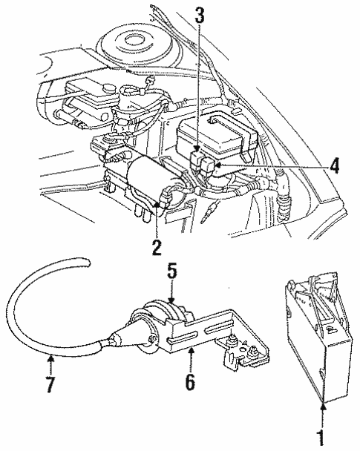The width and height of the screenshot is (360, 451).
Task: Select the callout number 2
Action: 157,247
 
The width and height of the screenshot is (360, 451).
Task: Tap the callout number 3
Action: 200,15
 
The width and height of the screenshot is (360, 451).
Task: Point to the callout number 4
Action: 334,165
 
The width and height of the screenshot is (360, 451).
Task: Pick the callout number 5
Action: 172,272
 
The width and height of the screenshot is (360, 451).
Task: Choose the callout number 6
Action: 190,382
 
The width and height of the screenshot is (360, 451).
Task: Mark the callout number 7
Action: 50,384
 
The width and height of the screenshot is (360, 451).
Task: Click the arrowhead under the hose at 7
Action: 50,358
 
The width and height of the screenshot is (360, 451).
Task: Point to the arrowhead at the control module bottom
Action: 323,406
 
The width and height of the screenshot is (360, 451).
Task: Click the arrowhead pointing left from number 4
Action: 217,165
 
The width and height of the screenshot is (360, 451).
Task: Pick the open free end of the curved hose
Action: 87,263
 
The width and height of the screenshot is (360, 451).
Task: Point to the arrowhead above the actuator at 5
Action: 171,300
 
